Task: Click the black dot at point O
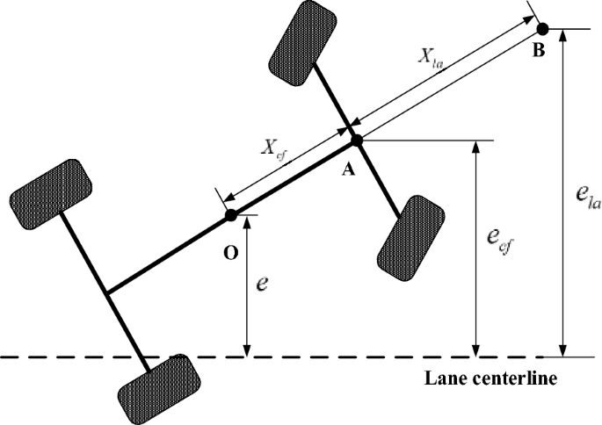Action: [x=230, y=214]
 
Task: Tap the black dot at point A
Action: [x=356, y=140]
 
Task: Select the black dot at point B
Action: [x=542, y=28]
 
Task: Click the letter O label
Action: [x=230, y=253]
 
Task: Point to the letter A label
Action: [x=349, y=171]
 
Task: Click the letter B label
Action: [x=539, y=51]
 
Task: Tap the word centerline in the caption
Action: [x=517, y=379]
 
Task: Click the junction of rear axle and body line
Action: [x=106, y=292]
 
